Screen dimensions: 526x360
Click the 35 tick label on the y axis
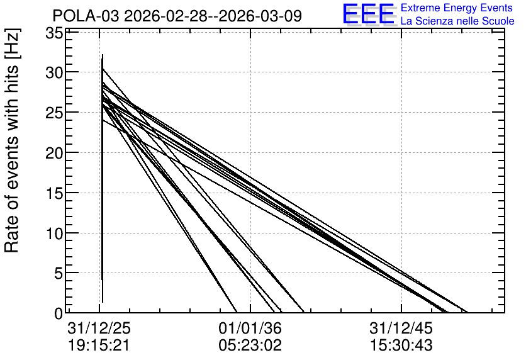[54, 33]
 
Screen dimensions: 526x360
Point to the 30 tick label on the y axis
[54, 72]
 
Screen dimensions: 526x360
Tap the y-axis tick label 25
[54, 113]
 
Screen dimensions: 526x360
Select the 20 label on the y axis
[54, 153]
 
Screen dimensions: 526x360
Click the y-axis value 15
[54, 193]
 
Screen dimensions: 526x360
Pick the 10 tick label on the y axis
[54, 233]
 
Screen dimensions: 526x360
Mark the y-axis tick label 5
[59, 273]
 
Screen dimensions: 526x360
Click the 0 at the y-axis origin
[59, 313]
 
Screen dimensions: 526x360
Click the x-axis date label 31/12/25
[99, 328]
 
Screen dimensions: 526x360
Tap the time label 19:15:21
[99, 345]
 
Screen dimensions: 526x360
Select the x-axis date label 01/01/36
[250, 328]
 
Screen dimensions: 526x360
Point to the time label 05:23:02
[250, 345]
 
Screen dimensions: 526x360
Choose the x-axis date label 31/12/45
[401, 328]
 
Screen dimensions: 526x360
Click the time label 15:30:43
[401, 345]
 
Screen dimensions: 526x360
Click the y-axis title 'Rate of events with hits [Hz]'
[13, 140]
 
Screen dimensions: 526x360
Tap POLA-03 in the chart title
[86, 16]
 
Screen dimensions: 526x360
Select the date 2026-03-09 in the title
[260, 16]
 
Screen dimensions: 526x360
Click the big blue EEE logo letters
[368, 14]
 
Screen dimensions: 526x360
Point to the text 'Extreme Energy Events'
[457, 8]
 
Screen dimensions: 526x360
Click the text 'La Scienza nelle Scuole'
[457, 21]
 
